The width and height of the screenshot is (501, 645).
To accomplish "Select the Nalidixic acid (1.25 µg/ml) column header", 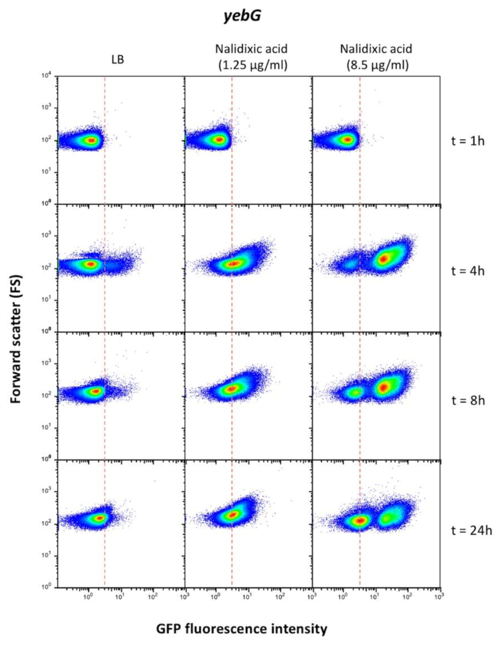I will click(x=251, y=57).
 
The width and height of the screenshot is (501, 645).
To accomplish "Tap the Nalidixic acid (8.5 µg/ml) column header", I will click(x=376, y=57).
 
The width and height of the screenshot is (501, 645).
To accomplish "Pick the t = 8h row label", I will click(x=468, y=401).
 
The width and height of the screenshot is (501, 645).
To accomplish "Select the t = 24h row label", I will click(x=471, y=531).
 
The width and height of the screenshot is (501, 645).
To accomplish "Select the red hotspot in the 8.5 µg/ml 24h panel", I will click(x=361, y=529).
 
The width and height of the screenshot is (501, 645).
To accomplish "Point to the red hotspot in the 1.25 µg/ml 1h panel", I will click(x=219, y=139).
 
